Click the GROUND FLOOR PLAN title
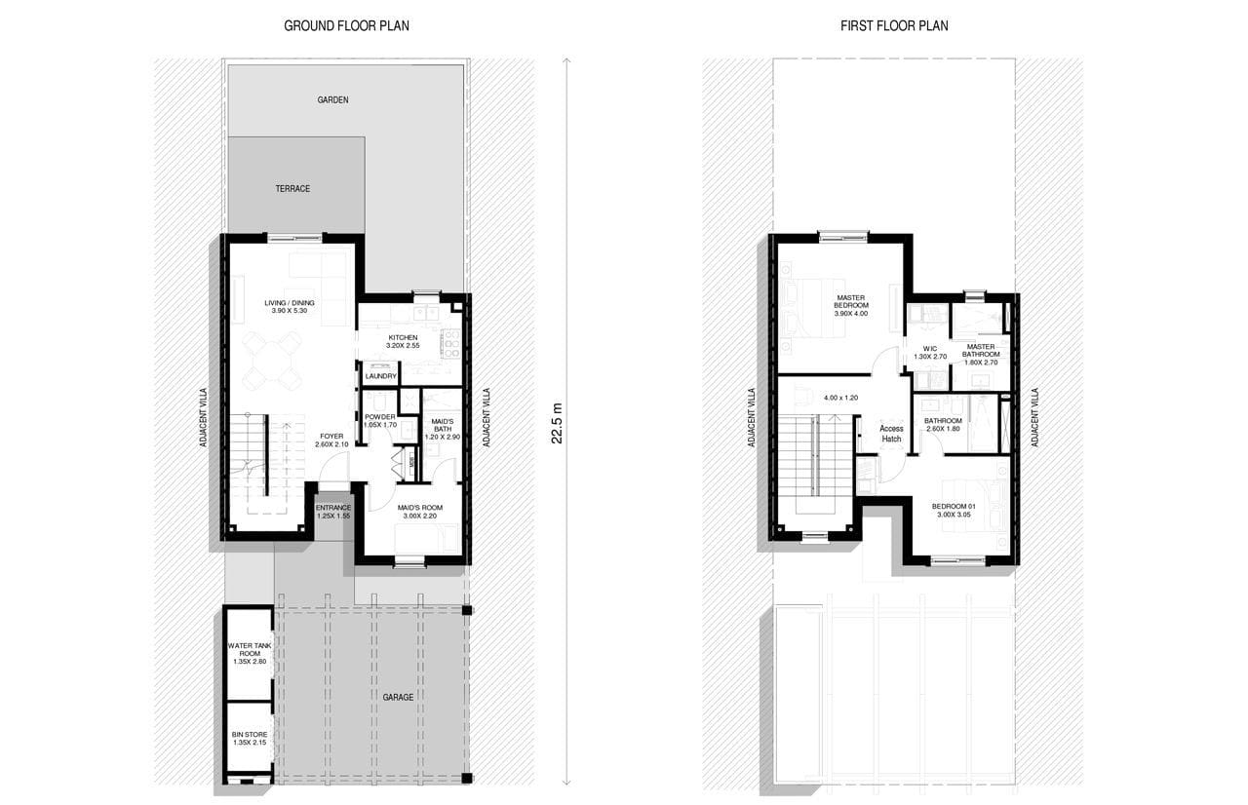(x=346, y=26)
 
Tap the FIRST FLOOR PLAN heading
(x=894, y=26)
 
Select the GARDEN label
(x=333, y=100)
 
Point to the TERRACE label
(x=292, y=189)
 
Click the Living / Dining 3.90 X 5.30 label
(x=290, y=307)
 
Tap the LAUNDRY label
(x=380, y=376)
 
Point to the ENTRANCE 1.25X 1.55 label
(x=333, y=512)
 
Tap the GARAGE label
(x=398, y=697)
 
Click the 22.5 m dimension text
(x=557, y=423)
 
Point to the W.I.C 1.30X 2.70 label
(x=930, y=353)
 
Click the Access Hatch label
(x=891, y=434)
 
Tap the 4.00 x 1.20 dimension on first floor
(x=840, y=398)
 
